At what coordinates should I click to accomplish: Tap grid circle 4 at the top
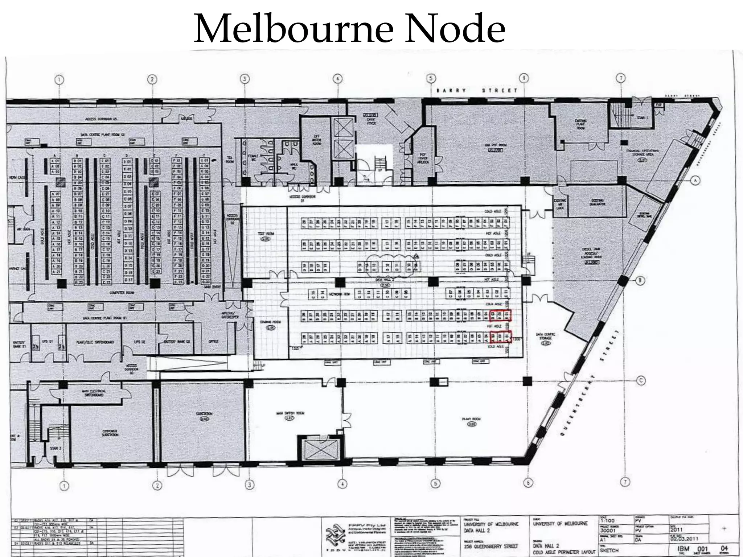tap(337, 79)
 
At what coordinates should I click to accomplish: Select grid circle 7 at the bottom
tap(625, 482)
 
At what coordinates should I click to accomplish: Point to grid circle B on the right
tap(640, 280)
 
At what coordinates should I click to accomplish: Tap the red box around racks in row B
tap(500, 315)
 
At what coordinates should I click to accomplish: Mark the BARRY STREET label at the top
tap(477, 90)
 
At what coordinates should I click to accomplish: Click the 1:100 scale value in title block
tap(607, 520)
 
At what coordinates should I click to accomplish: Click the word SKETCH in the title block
tap(609, 550)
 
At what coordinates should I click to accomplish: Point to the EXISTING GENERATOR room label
tap(597, 202)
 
